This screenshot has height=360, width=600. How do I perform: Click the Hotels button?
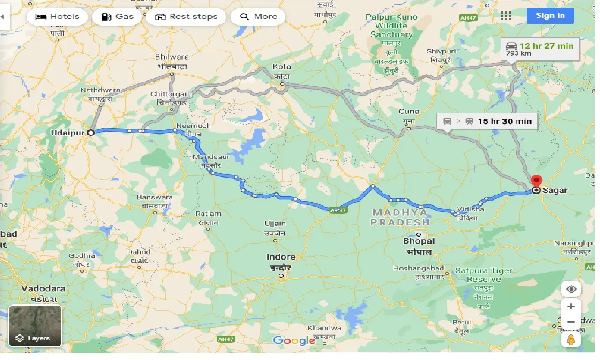tap(57, 16)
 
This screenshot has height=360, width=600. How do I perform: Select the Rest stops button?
tap(186, 16)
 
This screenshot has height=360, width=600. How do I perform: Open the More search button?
tap(258, 16)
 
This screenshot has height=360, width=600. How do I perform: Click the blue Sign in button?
tap(550, 15)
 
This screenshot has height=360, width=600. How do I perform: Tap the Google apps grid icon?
tap(506, 15)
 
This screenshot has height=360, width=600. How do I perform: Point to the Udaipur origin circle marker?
tap(91, 132)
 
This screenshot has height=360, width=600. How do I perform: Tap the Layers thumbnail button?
tap(35, 326)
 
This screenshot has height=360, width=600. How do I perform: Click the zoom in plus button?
tap(570, 307)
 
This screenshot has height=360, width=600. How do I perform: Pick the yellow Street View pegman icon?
tap(570, 340)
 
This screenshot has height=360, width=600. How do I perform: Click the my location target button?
tap(570, 289)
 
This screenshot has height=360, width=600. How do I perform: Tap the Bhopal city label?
tap(419, 241)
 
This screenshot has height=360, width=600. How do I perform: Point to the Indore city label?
tap(281, 257)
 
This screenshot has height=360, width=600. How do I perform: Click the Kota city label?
tap(282, 67)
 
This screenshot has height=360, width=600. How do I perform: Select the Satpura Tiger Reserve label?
tap(483, 275)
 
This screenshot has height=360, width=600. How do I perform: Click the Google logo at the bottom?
tap(294, 341)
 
